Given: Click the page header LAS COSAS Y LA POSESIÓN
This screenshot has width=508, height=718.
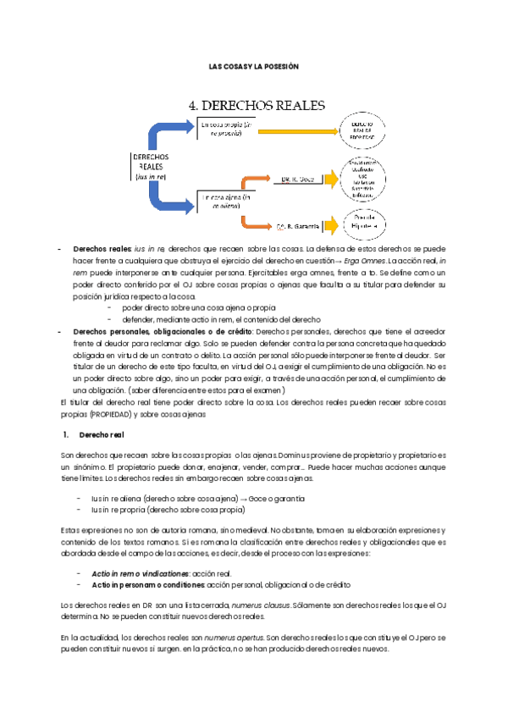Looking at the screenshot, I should [x=254, y=65].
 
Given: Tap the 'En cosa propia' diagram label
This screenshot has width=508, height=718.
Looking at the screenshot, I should [x=227, y=128].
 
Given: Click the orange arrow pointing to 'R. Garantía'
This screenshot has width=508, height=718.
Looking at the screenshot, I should [x=255, y=223].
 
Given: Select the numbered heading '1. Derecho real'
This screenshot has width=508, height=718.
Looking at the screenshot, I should [x=96, y=434].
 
